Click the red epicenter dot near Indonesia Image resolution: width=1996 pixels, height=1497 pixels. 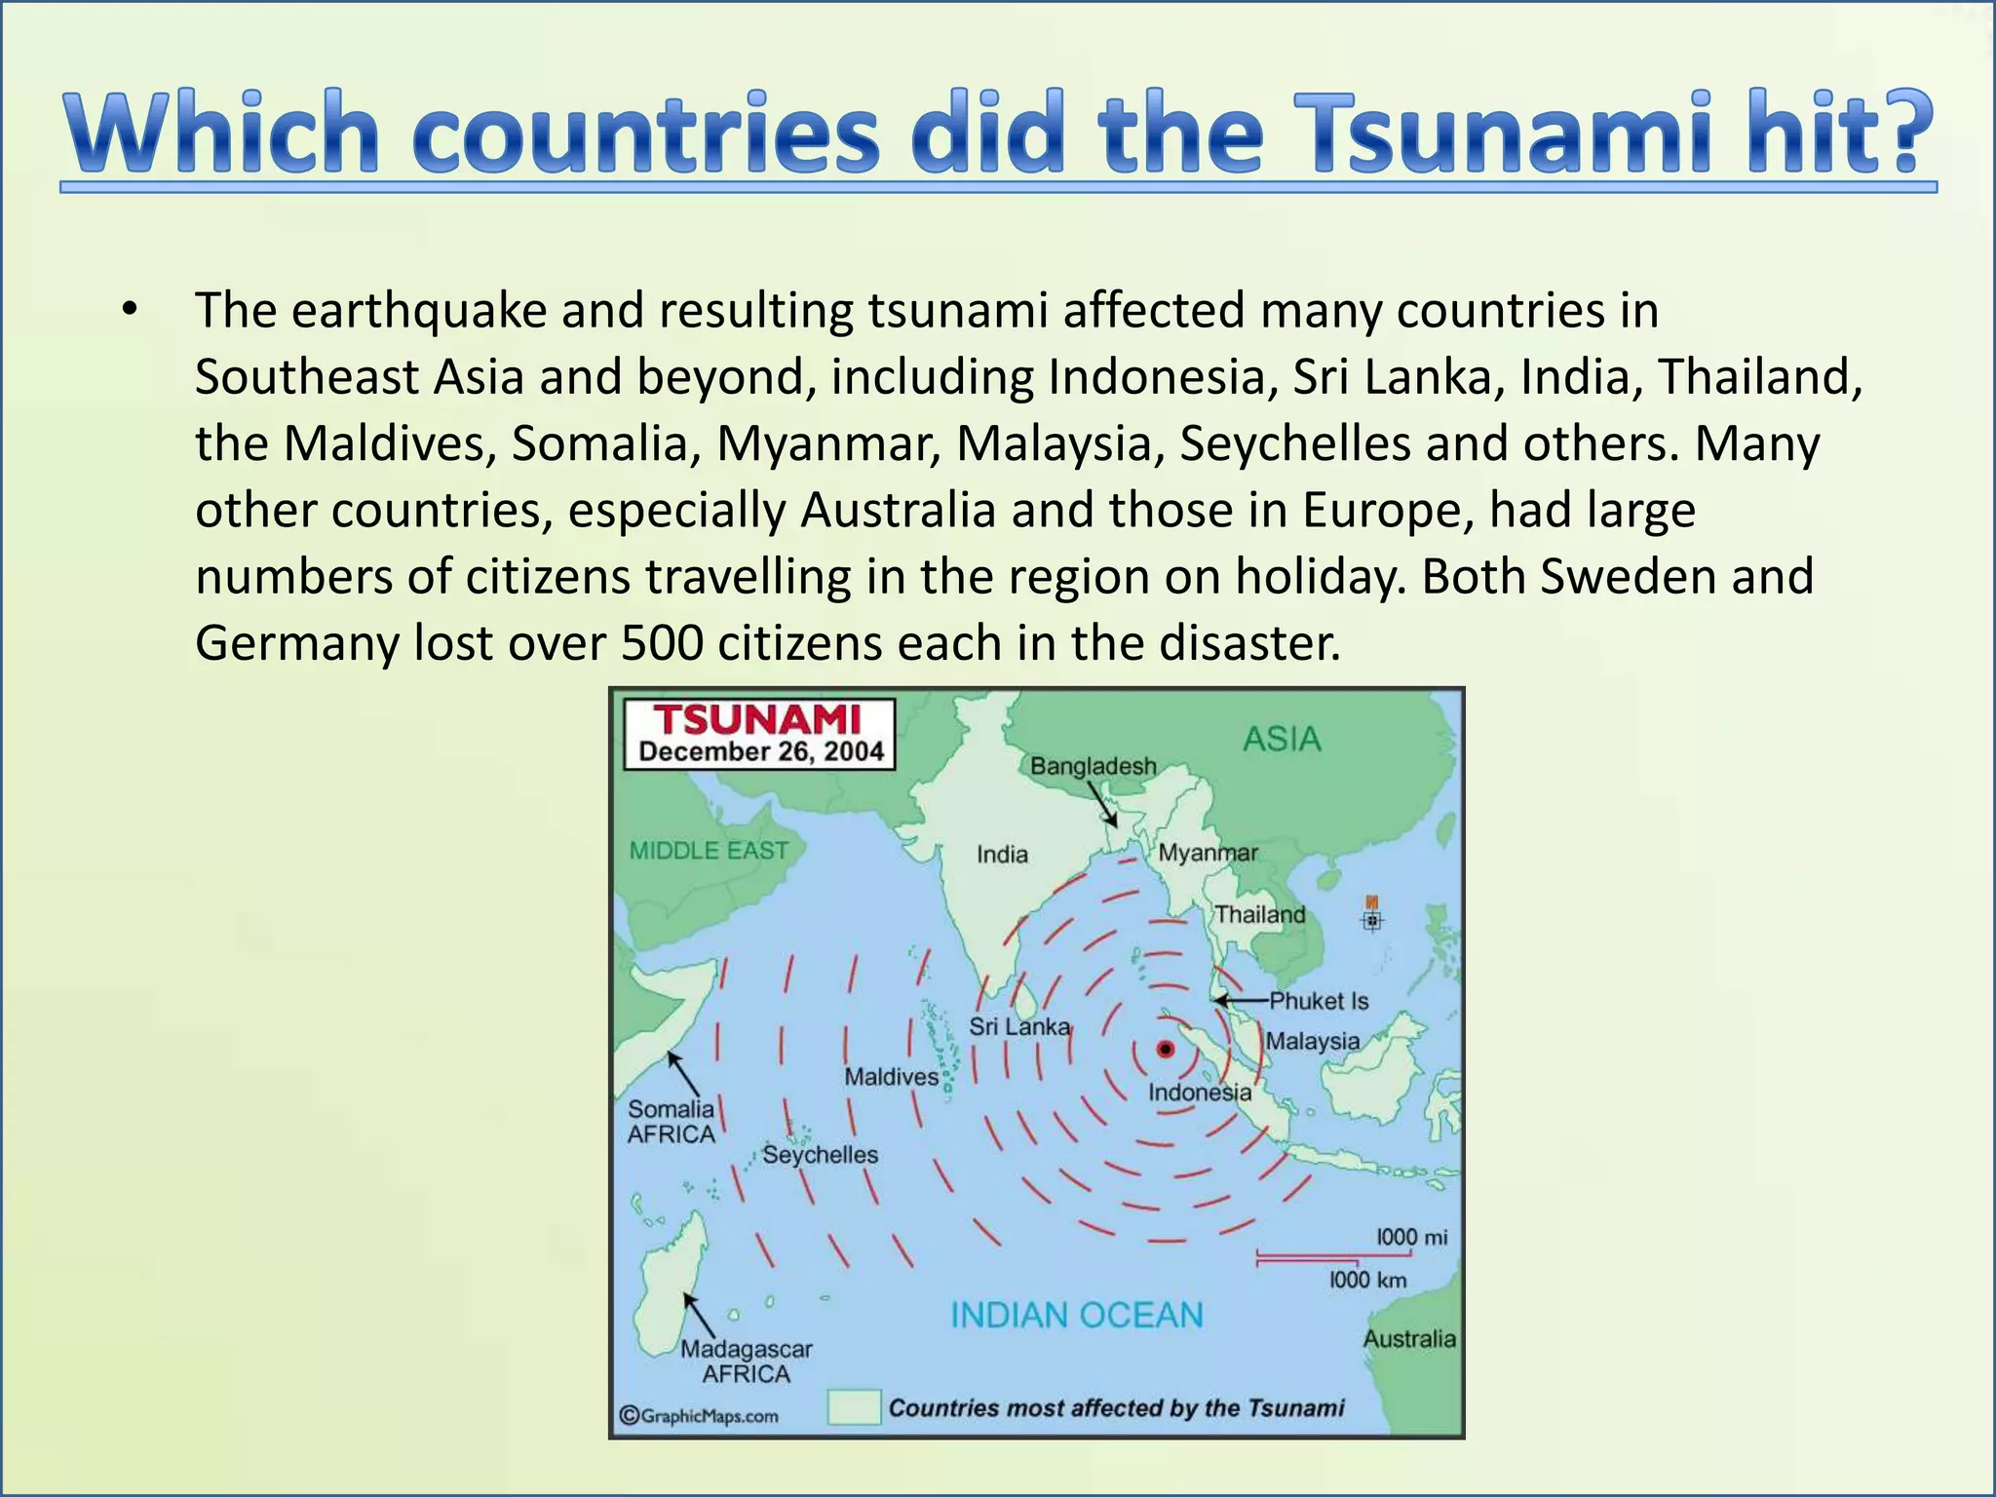click(x=1165, y=1049)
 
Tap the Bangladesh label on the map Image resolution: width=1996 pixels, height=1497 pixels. click(x=1093, y=766)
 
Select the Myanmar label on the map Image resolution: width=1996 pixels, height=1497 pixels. click(x=1208, y=853)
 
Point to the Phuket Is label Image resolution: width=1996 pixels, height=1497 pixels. click(x=1319, y=1001)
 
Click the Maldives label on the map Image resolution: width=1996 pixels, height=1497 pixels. click(x=891, y=1077)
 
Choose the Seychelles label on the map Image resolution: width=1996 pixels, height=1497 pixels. click(x=820, y=1155)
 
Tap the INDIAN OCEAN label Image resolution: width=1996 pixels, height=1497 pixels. click(x=1076, y=1315)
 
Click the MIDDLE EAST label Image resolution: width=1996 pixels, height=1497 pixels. click(x=709, y=851)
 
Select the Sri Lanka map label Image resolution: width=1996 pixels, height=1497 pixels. click(x=1019, y=1026)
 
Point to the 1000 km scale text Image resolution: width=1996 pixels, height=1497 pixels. click(x=1368, y=1280)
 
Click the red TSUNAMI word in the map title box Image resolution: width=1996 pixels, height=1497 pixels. click(x=757, y=720)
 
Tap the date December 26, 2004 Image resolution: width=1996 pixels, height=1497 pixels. click(x=761, y=751)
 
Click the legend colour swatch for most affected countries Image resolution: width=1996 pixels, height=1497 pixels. click(x=854, y=1407)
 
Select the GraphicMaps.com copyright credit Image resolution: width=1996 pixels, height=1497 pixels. click(x=699, y=1416)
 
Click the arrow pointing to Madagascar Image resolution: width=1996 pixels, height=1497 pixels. click(x=699, y=1315)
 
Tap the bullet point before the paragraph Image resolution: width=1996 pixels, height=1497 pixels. click(x=129, y=311)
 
